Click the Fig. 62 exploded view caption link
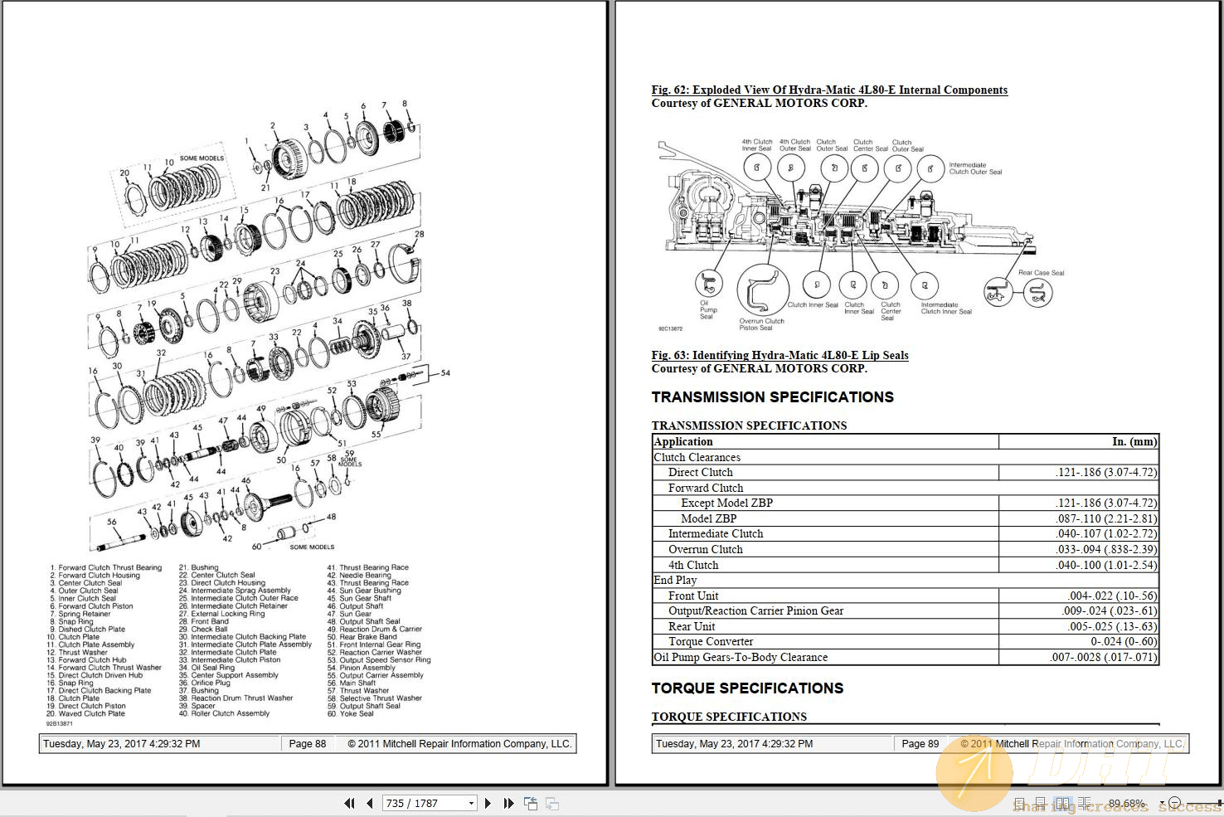click(x=829, y=90)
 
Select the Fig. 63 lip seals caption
click(x=780, y=355)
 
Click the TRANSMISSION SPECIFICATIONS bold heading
click(x=772, y=397)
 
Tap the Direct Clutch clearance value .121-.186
click(x=1106, y=472)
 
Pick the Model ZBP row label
click(x=708, y=518)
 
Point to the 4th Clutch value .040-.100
click(x=1106, y=565)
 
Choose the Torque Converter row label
click(x=711, y=641)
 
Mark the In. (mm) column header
click(x=1134, y=441)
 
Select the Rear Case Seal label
click(x=1041, y=272)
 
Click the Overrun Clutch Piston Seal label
click(x=761, y=323)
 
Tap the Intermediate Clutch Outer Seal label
click(x=975, y=168)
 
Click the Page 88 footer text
click(x=307, y=744)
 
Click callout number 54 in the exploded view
click(x=445, y=372)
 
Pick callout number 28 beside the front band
click(x=419, y=234)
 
